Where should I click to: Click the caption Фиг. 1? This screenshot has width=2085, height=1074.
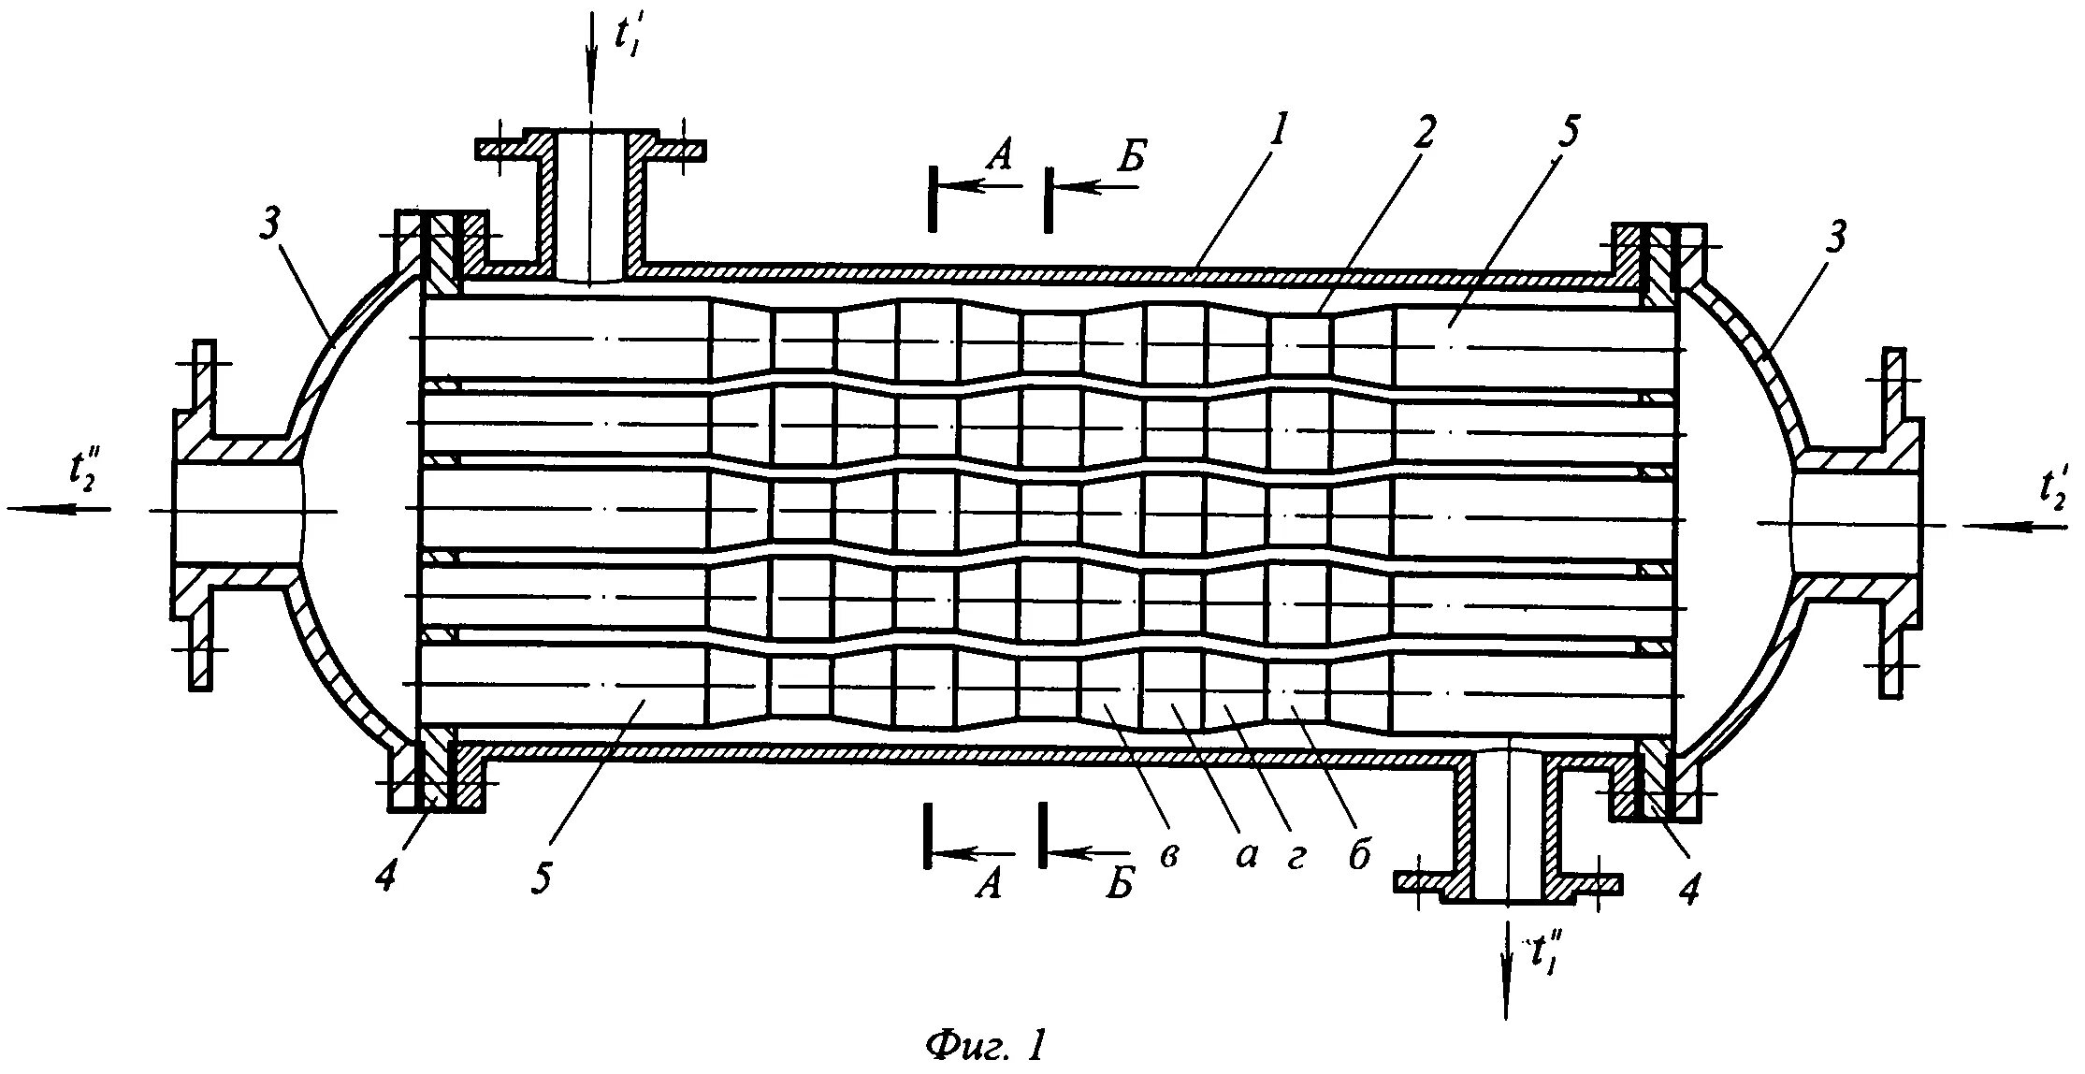pyautogui.click(x=984, y=1044)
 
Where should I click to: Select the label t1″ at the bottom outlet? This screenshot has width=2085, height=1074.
pyautogui.click(x=1544, y=954)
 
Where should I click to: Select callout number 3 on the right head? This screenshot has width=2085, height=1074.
pyautogui.click(x=1836, y=239)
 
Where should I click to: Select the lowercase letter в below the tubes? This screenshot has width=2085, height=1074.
pyautogui.click(x=1168, y=856)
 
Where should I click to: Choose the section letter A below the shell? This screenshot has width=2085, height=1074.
pyautogui.click(x=990, y=882)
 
